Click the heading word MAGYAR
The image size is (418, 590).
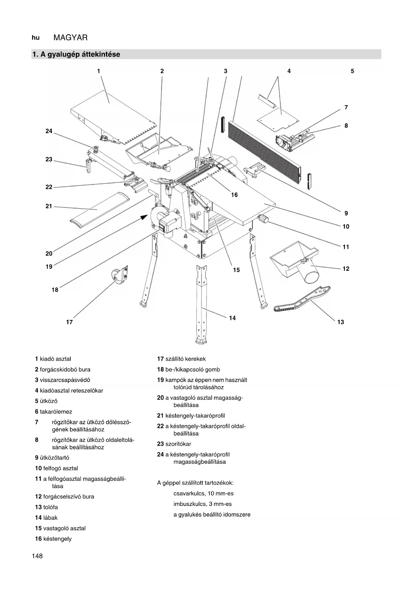coord(70,38)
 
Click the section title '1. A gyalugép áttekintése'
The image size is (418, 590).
coord(76,54)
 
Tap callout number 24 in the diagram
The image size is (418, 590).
coord(49,131)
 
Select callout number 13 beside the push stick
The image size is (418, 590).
coord(341,322)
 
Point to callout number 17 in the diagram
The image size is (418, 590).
coord(69,322)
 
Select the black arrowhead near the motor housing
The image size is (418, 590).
coord(144,217)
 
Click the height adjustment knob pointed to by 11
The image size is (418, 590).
coord(263,219)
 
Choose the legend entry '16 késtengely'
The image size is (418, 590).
coord(53,539)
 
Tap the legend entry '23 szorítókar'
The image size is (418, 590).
coord(174,444)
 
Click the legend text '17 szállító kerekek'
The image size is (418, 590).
coord(181,359)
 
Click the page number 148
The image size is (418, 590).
coord(37,556)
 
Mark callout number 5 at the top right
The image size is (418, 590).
coord(352,71)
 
